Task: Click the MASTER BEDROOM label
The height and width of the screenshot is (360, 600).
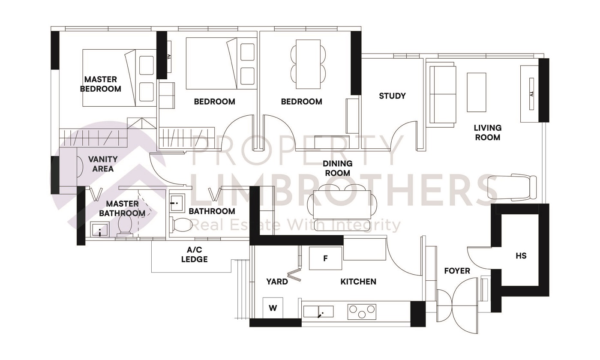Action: point(101,84)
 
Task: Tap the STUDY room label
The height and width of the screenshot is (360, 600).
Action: point(392,96)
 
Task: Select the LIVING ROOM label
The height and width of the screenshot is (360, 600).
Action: point(487,132)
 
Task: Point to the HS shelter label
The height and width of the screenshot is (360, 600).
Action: point(521,256)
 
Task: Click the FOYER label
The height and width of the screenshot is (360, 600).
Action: point(457,271)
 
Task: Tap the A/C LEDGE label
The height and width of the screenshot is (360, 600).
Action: point(194,255)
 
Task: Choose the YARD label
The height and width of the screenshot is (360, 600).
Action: point(277,282)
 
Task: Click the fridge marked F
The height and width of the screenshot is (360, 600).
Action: point(326,258)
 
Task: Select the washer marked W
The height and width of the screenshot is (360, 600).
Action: point(273,308)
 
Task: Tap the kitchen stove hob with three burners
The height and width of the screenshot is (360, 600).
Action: point(362,311)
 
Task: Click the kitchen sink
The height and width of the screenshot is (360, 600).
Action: point(318,312)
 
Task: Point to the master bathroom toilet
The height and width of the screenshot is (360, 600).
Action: point(125,225)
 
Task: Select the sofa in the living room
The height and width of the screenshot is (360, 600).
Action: point(441,94)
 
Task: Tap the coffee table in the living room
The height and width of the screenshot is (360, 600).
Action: point(476,92)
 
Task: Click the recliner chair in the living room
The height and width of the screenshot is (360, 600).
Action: point(514,187)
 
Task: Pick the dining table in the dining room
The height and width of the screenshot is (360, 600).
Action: point(342,204)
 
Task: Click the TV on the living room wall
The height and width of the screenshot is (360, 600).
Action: point(531,93)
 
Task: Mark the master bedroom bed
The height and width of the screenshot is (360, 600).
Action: point(109,78)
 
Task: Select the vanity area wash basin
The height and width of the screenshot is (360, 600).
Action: point(80,166)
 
